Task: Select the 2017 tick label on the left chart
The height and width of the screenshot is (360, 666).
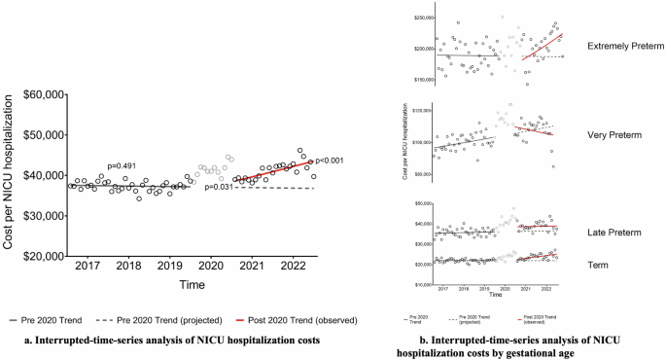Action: (x=88, y=266)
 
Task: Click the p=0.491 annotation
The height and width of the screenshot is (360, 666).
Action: (x=125, y=165)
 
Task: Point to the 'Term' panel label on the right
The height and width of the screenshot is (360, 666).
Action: (x=599, y=264)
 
